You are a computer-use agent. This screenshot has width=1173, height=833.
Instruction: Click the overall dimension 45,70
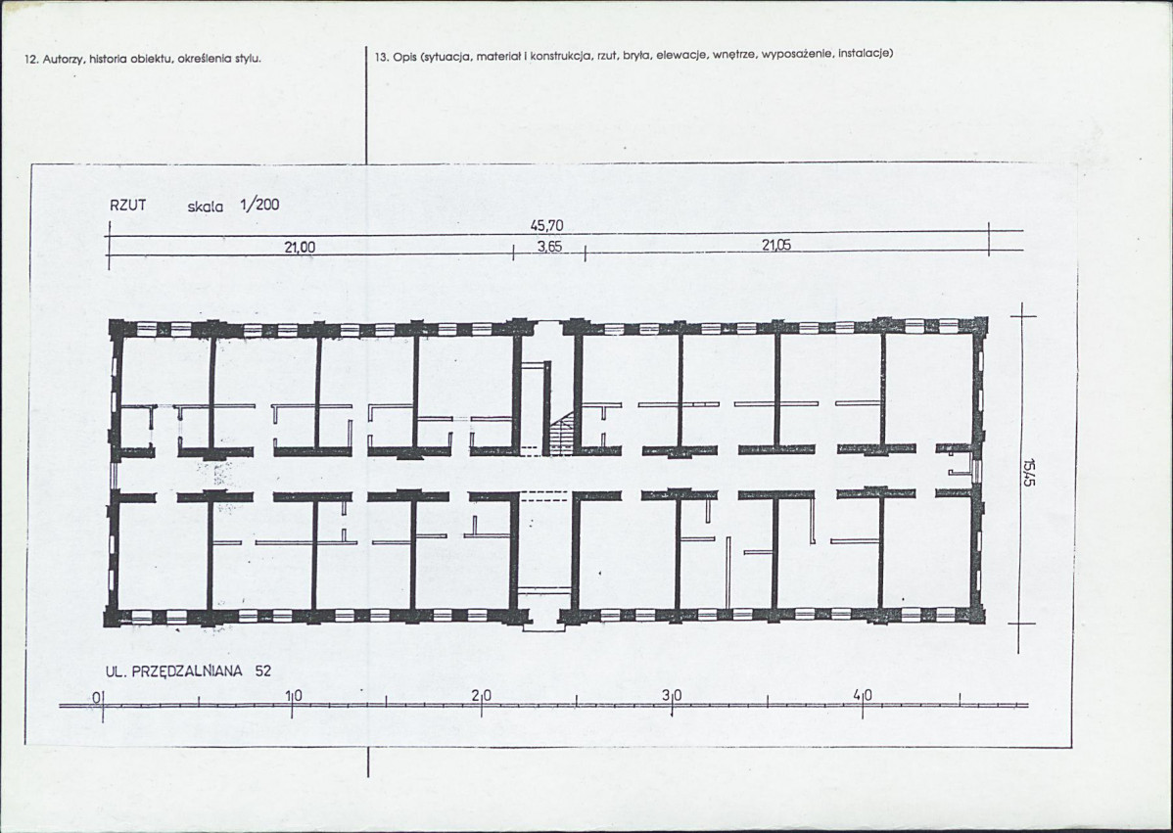pyautogui.click(x=547, y=225)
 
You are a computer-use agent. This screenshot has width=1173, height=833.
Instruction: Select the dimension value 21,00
pyautogui.click(x=300, y=247)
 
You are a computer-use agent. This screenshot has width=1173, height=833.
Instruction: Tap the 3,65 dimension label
pyautogui.click(x=550, y=247)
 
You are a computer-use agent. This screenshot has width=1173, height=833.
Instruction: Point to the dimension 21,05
pyautogui.click(x=776, y=246)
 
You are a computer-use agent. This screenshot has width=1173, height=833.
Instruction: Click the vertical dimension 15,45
pyautogui.click(x=1032, y=471)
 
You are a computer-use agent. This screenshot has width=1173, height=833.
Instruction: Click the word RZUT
pyautogui.click(x=128, y=206)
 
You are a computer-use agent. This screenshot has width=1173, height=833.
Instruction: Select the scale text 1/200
pyautogui.click(x=259, y=205)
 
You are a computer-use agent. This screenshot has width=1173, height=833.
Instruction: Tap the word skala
pyautogui.click(x=206, y=208)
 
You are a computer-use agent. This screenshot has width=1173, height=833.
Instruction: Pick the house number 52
pyautogui.click(x=263, y=671)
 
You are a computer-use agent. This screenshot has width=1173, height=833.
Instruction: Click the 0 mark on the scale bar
pyautogui.click(x=97, y=698)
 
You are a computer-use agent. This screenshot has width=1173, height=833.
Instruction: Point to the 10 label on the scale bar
pyautogui.click(x=294, y=696)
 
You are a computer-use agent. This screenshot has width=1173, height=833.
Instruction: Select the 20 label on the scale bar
pyautogui.click(x=483, y=696)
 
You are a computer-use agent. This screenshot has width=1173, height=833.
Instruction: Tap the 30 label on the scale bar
pyautogui.click(x=673, y=696)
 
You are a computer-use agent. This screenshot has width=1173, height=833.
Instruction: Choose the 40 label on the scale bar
pyautogui.click(x=863, y=696)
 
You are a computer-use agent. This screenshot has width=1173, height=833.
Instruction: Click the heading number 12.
pyautogui.click(x=31, y=59)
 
